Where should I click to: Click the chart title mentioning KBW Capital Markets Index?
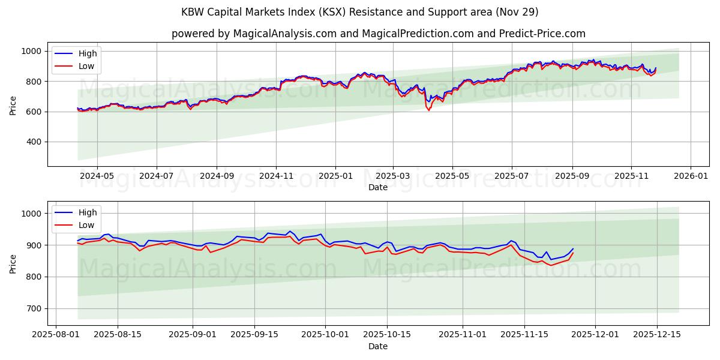coord(359,12)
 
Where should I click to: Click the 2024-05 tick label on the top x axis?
coord(97,176)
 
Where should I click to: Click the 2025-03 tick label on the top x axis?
coord(393,176)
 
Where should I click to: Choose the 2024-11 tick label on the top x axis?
coord(276,176)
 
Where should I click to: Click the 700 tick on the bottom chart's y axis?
coord(34,309)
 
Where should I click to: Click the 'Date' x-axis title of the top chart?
coord(378,187)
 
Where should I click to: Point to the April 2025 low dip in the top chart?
coord(428,110)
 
